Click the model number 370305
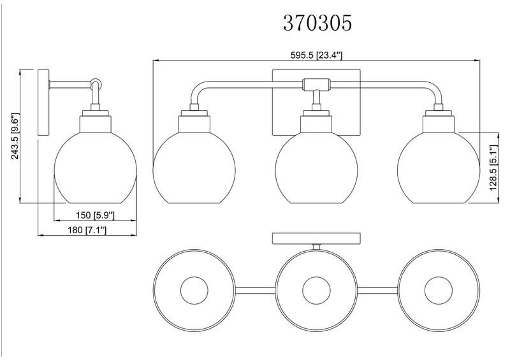click(x=317, y=24)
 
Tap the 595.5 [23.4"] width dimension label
click(x=316, y=55)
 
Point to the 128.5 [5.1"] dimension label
click(x=492, y=167)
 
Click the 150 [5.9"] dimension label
click(x=94, y=215)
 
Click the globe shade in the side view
click(x=96, y=168)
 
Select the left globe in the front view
click(x=195, y=168)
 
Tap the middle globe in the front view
click(x=316, y=168)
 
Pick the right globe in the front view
click(x=437, y=168)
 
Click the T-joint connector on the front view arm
click(x=316, y=83)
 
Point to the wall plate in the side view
click(x=44, y=101)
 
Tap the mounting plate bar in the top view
click(x=316, y=238)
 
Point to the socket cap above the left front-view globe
click(x=195, y=121)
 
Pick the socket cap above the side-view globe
click(x=96, y=121)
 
